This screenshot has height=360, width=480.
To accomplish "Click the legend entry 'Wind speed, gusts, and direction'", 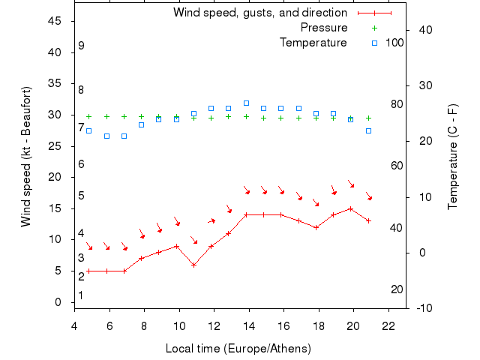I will [x=259, y=13].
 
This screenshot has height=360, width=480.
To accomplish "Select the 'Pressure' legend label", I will [x=323, y=28].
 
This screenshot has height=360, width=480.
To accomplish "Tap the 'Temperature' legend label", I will [x=313, y=43].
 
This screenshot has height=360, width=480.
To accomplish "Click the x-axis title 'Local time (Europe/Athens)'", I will [x=238, y=349].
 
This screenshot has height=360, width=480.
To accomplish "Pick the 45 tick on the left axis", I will [x=54, y=21].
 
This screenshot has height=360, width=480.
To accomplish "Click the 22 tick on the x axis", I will [x=388, y=326].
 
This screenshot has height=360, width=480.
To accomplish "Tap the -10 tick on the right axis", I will [x=421, y=308].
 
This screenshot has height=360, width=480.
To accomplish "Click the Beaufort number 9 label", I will [x=81, y=46].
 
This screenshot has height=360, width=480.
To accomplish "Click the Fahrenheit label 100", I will [x=394, y=43].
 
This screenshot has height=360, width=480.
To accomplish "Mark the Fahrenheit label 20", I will [x=397, y=289].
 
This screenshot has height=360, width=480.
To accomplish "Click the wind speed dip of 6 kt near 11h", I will [x=193, y=265].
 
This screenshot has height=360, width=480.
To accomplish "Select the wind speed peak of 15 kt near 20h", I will [x=350, y=208].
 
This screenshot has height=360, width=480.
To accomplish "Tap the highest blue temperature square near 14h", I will [x=246, y=103].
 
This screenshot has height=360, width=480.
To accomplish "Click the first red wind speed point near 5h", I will [x=88, y=271].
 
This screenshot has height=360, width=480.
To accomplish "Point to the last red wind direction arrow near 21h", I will [x=369, y=196].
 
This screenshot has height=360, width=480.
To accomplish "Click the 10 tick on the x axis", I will [x=179, y=326].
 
